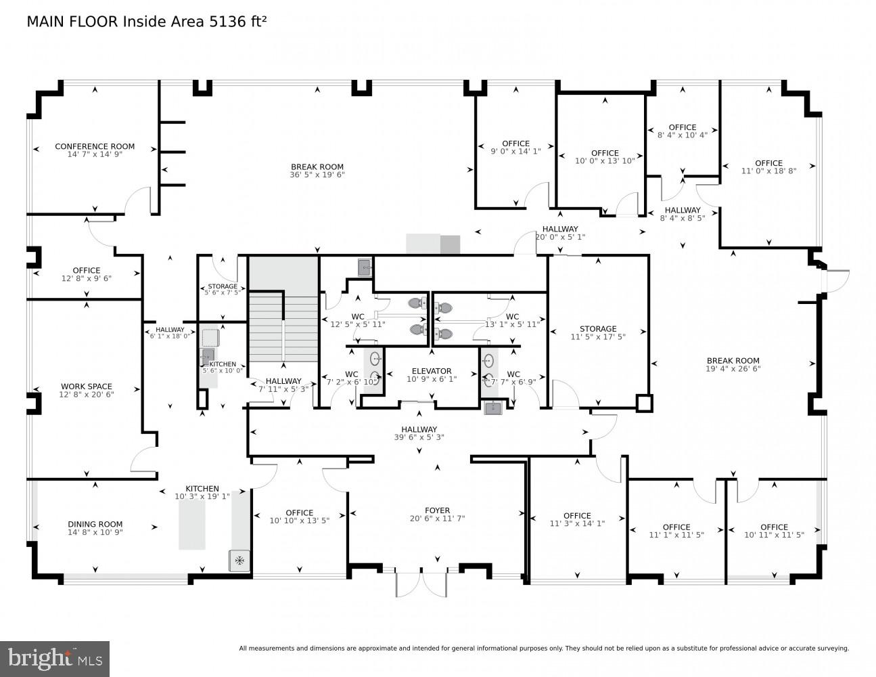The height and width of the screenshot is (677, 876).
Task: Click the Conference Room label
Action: point(95,146)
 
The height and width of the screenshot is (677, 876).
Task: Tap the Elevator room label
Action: point(432,371)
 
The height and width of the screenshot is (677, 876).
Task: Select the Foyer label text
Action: point(437,510)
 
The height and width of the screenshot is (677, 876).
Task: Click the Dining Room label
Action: point(95,524)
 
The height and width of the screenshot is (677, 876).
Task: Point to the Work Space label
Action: point(86,387)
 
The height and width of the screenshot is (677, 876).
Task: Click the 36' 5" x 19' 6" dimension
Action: point(317,175)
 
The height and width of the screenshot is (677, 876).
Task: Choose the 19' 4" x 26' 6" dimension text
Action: point(733,369)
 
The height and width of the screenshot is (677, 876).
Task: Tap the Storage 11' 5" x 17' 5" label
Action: point(597,329)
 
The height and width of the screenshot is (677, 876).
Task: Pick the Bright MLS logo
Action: point(55,657)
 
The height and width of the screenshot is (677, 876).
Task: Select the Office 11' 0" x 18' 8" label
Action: point(768,163)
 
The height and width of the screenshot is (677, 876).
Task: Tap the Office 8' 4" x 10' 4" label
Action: point(682,127)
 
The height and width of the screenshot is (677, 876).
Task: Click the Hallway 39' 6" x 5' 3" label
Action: point(419,429)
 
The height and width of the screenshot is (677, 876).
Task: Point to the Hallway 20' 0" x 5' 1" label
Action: point(559,229)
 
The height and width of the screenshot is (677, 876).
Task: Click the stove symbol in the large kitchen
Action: point(239,561)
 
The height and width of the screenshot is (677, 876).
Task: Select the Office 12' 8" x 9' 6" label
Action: point(86,270)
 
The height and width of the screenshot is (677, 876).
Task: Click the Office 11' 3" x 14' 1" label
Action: point(577,515)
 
